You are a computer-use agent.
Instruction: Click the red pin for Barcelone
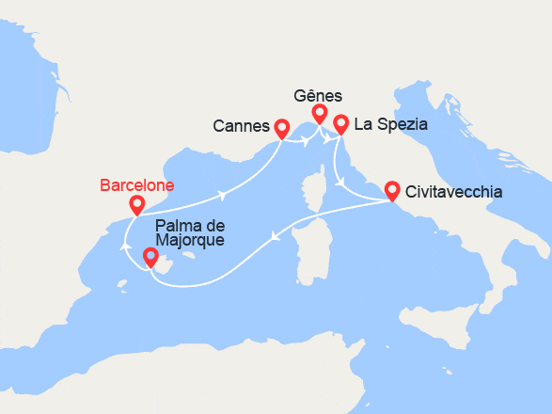(137, 204)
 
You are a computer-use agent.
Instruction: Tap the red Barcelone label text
(136, 185)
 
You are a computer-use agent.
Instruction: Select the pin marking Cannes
(281, 126)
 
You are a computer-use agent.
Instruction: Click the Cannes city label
(241, 126)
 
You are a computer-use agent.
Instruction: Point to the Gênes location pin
(320, 114)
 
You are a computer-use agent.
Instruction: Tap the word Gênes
(318, 96)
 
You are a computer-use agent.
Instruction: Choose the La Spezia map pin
(340, 123)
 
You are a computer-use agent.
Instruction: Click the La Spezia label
(392, 123)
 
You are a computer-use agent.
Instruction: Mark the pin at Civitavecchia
(392, 190)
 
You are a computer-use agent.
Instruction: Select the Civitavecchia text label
(453, 192)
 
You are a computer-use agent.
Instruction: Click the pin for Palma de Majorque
(150, 257)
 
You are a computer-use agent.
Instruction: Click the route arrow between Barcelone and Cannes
(222, 196)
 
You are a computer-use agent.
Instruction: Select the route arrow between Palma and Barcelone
(125, 247)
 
